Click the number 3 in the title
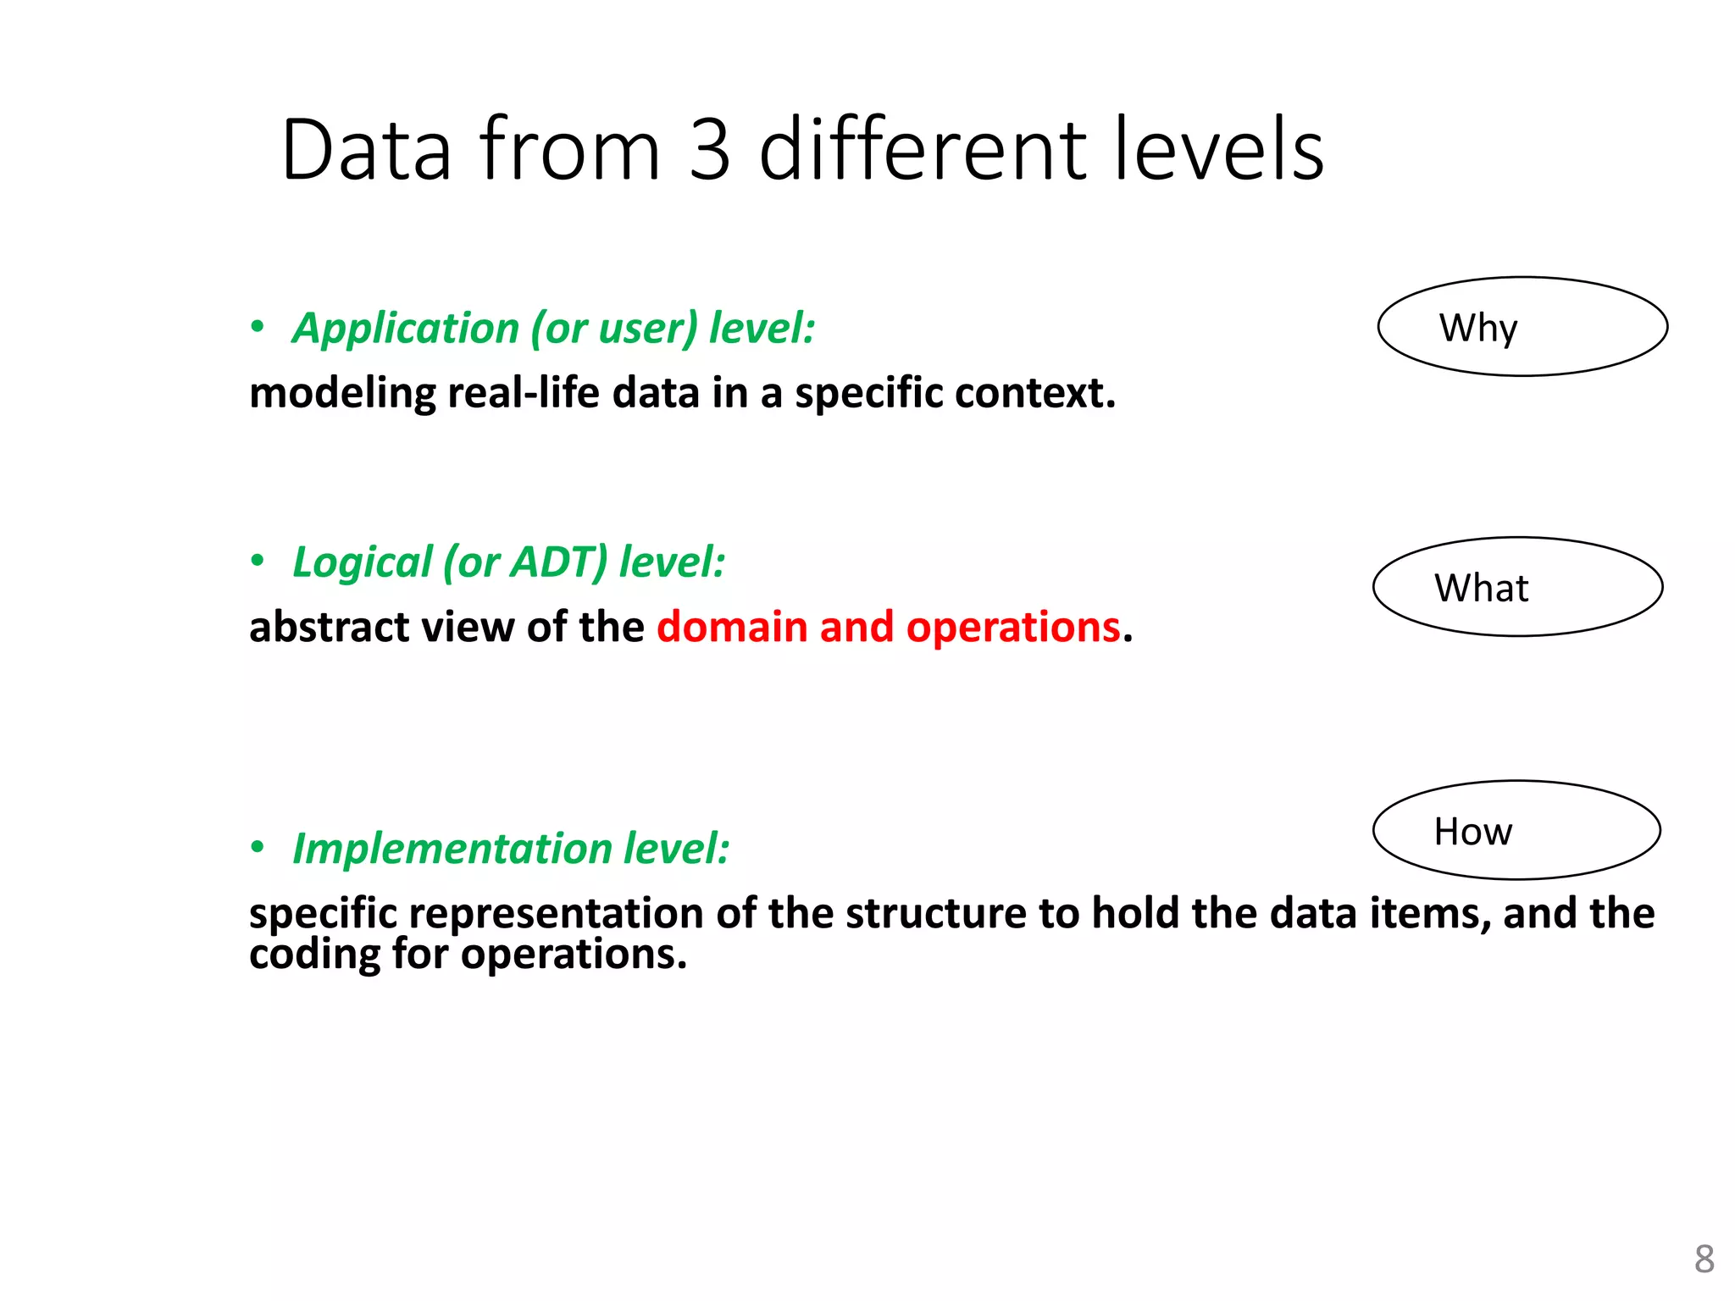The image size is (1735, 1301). tap(709, 150)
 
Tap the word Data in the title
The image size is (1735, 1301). tap(366, 150)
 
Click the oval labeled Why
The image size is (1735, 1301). tap(1522, 327)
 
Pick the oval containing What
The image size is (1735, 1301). tap(1517, 587)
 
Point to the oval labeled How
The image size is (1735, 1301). tap(1516, 831)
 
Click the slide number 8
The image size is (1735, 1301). tap(1704, 1259)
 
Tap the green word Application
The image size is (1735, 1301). tap(405, 329)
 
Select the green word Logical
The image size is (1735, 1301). tap(362, 562)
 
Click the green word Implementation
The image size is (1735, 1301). tap(452, 849)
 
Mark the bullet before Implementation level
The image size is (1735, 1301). tap(258, 848)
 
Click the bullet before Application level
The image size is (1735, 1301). tap(258, 328)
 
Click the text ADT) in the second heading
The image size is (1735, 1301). tap(560, 562)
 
